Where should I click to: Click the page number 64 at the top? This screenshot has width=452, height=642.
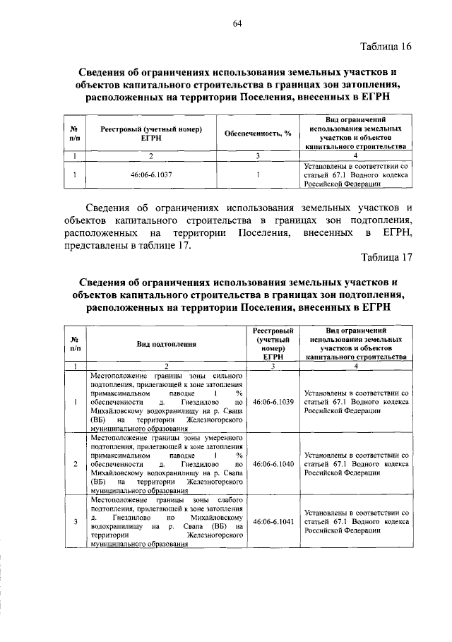pos(237,23)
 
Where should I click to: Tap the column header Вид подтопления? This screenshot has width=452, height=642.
pos(167,343)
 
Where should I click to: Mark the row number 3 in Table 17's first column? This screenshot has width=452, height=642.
pos(75,523)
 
